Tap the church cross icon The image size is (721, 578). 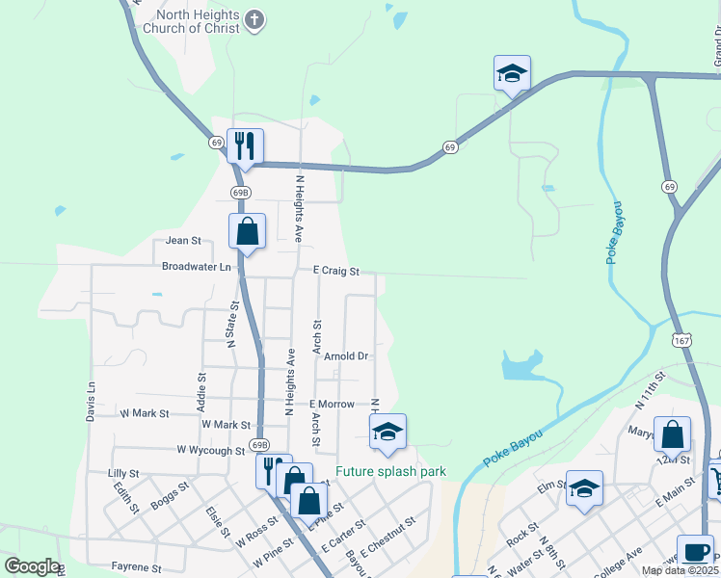[254, 20]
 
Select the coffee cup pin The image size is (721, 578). [695, 552]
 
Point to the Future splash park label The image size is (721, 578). [390, 472]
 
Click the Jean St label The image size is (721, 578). [183, 241]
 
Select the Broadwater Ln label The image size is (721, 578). [197, 266]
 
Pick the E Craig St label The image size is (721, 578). [335, 273]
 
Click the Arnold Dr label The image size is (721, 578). [346, 356]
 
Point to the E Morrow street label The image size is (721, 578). [332, 405]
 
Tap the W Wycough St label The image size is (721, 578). [211, 450]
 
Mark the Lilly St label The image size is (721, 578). [123, 474]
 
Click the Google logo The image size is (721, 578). [32, 566]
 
